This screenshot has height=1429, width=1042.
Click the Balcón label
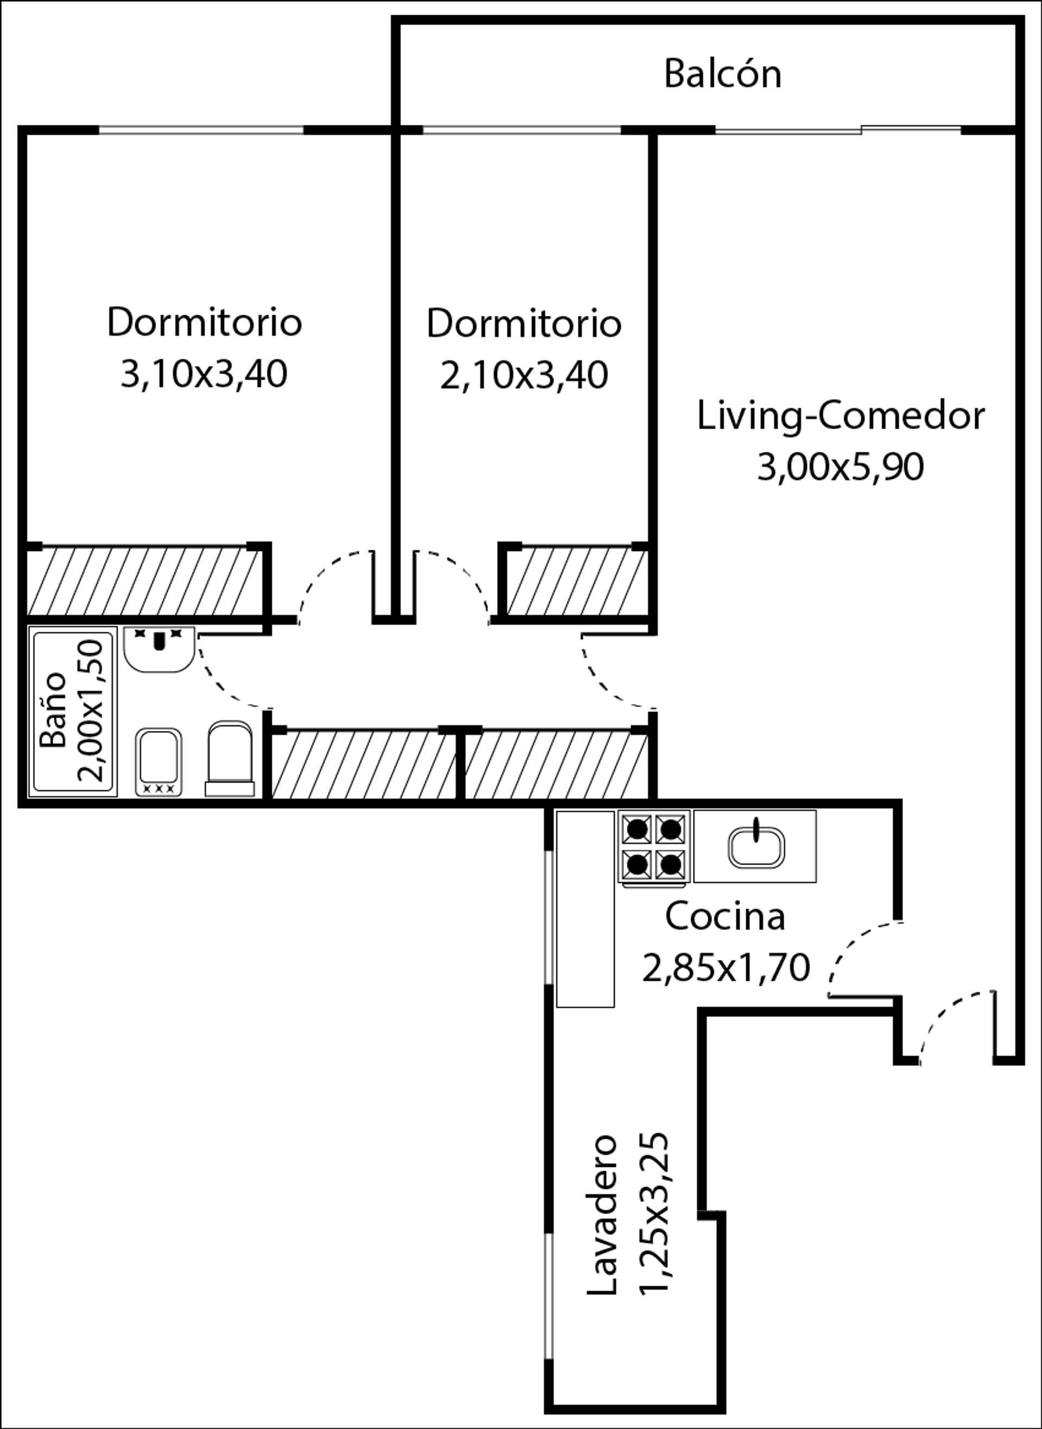(722, 73)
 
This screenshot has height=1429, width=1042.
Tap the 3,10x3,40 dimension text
(204, 374)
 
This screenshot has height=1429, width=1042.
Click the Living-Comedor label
(841, 416)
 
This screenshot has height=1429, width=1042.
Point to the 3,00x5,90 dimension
(841, 467)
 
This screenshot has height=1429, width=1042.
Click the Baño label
(53, 710)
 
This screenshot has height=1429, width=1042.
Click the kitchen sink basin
(757, 846)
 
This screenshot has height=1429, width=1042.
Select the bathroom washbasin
(159, 649)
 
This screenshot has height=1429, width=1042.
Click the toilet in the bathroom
(230, 759)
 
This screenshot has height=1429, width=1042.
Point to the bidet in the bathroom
(159, 763)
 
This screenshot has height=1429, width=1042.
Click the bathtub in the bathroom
(73, 712)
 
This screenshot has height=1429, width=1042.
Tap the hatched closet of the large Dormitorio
(144, 581)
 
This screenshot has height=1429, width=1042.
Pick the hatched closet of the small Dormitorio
(576, 582)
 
